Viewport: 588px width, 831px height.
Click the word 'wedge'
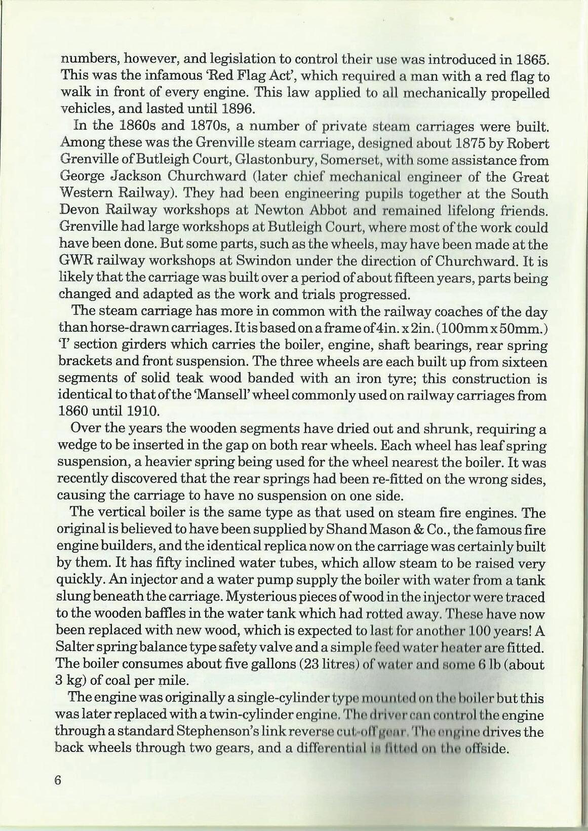coord(75,446)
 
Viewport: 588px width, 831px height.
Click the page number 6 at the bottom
coord(57,795)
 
